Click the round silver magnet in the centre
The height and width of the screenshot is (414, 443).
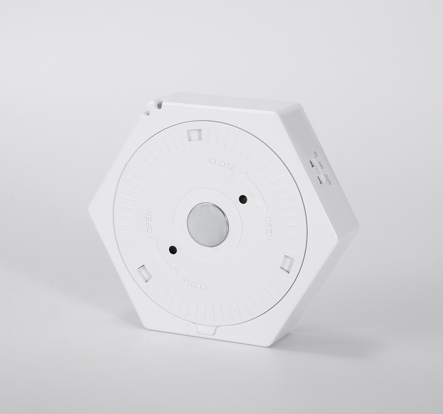click(207, 226)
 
